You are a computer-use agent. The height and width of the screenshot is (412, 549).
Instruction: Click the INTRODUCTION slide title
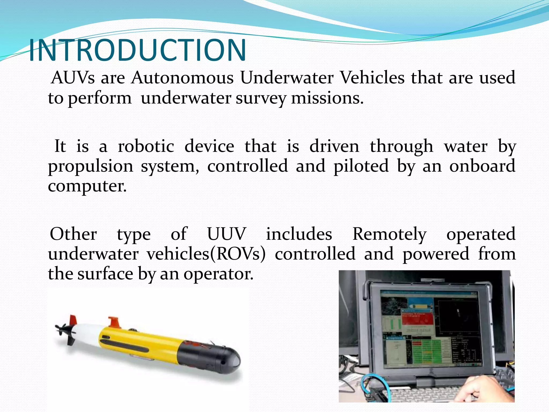click(x=137, y=50)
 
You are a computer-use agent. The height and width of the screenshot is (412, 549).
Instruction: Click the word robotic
click(x=146, y=146)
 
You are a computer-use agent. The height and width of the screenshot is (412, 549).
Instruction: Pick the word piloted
click(x=361, y=166)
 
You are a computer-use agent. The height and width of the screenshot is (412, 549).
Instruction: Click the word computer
click(x=87, y=186)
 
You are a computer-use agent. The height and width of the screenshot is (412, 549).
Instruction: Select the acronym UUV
click(x=227, y=234)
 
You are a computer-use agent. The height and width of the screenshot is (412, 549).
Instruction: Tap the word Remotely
click(x=389, y=234)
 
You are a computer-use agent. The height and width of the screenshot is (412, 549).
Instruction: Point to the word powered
click(x=436, y=254)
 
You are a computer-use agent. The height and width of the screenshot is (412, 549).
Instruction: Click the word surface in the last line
click(x=105, y=274)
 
